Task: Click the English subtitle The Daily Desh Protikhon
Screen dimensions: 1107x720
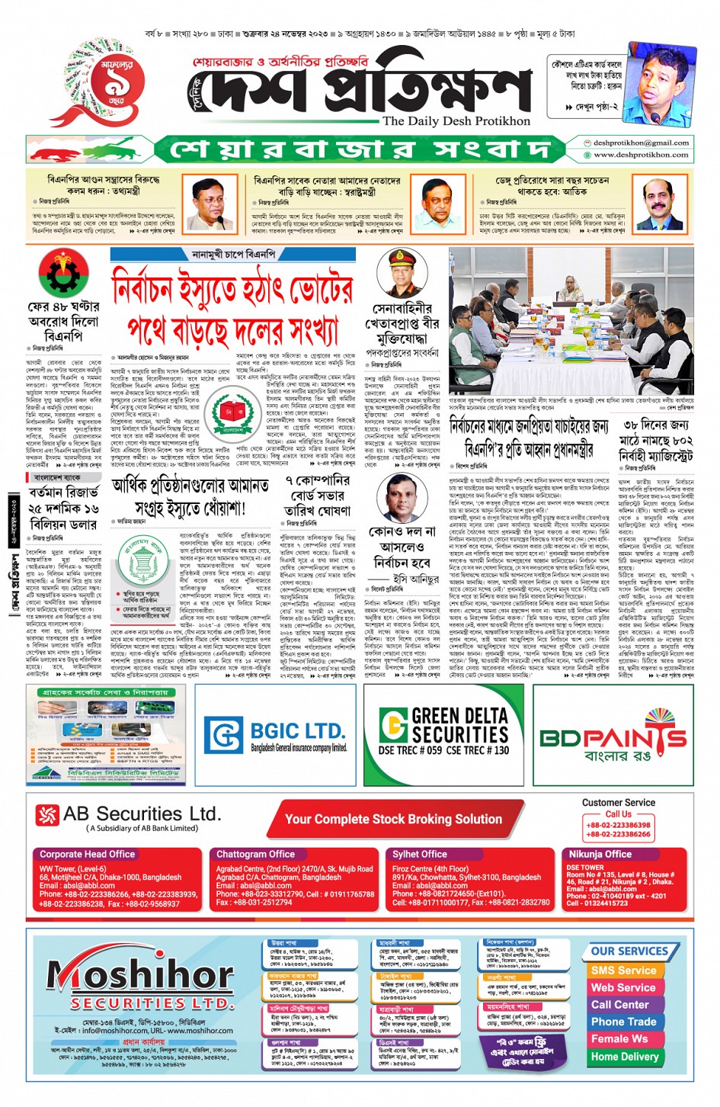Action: coord(456,120)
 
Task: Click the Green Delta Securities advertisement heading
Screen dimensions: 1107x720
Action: coord(459,724)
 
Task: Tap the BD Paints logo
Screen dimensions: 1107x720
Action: coord(613,737)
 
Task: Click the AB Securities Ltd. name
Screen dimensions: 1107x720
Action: coord(142,813)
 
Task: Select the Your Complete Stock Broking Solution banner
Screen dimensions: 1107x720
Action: coord(393,819)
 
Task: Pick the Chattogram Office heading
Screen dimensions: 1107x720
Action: coord(255,854)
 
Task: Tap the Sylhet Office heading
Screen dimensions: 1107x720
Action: coord(420,854)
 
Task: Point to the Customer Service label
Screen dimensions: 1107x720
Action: coord(618,802)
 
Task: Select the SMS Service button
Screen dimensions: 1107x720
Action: coord(623,971)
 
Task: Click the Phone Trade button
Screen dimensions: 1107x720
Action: coord(623,1022)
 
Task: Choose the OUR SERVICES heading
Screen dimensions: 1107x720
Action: coord(629,951)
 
